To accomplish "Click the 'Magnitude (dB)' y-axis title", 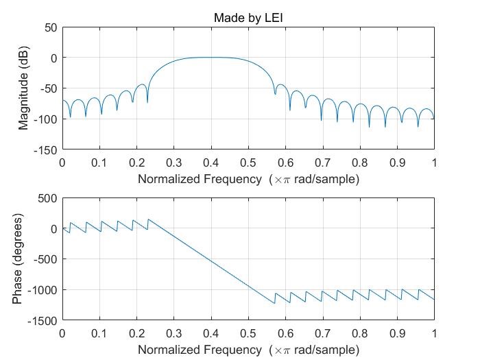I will coord(24,88).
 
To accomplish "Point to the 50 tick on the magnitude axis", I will coord(50,27).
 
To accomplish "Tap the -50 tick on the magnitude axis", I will coord(48,88).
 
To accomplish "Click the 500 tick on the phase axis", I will coord(48,198).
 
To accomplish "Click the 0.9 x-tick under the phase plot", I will coord(397,334).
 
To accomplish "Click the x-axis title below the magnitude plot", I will coord(248,180).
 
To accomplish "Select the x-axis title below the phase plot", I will coord(248,350).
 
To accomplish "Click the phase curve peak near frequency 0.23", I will coord(148,219).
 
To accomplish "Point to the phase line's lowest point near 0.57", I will coord(274,303).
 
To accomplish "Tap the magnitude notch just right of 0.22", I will coord(147,102).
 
